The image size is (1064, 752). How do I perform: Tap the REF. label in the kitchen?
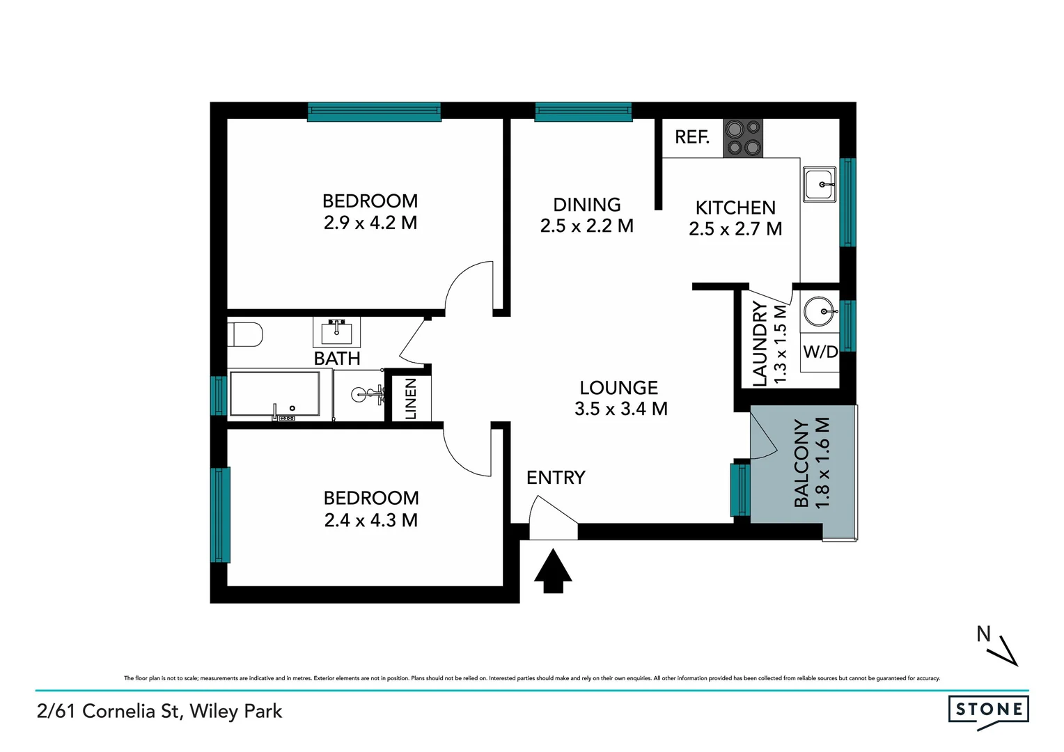point(691,137)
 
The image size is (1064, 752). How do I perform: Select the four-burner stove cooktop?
point(743,138)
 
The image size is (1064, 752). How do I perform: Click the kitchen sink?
point(820,185)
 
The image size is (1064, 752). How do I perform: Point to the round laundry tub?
point(818,311)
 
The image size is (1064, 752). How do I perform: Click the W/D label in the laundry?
point(820,352)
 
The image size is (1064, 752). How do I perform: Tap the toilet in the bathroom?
point(245,334)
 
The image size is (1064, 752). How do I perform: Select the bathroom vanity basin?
point(337,332)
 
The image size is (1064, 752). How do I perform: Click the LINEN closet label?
point(411,399)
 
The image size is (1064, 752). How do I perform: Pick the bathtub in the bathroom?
point(274,395)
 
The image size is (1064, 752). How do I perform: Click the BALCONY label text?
point(801,463)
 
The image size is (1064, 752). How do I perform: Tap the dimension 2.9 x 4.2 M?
point(370,223)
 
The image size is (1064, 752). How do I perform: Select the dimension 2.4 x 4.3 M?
point(370,520)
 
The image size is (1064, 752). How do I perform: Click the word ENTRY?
point(555,478)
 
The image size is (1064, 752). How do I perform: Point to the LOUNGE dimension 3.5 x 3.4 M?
point(620,409)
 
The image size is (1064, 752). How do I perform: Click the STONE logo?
point(988,710)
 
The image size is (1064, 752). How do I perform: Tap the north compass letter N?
point(983,634)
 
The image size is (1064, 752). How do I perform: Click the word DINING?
point(586,205)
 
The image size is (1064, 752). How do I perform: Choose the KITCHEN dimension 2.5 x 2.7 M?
point(735,229)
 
